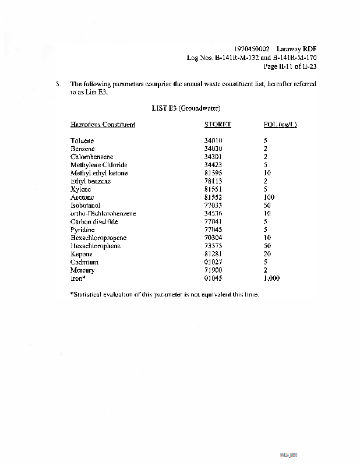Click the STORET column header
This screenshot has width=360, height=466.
tap(217, 125)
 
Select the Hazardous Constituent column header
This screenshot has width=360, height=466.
tap(103, 125)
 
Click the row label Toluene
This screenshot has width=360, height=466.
tap(82, 141)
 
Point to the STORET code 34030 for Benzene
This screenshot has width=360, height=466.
tap(213, 149)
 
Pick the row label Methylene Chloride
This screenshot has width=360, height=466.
tap(98, 165)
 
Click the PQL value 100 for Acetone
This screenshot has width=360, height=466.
tap(269, 197)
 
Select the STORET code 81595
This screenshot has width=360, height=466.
tap(213, 173)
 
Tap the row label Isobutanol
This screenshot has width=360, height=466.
tap(85, 206)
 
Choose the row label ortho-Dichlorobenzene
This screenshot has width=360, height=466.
tap(103, 214)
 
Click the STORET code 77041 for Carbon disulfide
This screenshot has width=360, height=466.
tap(213, 222)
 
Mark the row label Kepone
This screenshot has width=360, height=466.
tap(82, 255)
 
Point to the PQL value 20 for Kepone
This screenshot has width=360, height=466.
tap(267, 255)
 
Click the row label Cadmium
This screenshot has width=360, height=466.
tap(84, 263)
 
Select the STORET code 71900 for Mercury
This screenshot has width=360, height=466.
tap(213, 270)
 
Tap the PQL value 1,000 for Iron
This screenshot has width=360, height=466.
tap(271, 278)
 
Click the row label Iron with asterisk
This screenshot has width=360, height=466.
tap(78, 278)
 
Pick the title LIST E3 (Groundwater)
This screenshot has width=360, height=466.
tap(186, 108)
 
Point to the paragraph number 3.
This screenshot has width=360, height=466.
tap(58, 84)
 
